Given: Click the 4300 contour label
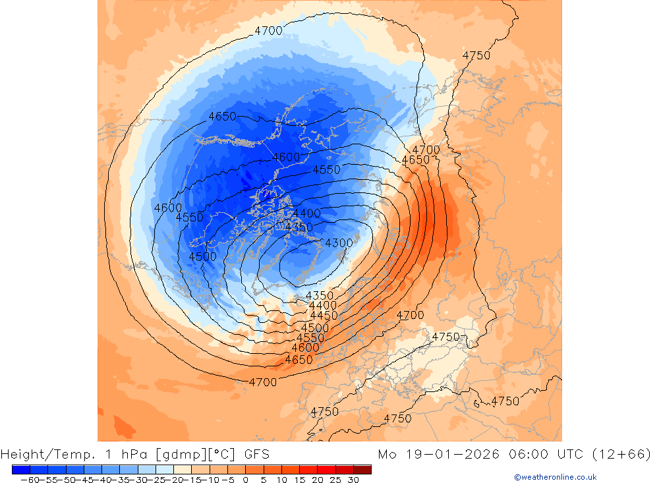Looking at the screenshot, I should point(339,243).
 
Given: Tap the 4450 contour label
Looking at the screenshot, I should point(324,316).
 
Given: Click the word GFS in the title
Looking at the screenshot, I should point(256,454).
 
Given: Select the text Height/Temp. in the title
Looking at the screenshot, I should point(43,454).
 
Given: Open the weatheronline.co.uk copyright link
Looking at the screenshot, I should point(555,477).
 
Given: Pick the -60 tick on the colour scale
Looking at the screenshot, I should point(28,480).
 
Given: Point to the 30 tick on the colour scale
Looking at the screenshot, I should point(353,480).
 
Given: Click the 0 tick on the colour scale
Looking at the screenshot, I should point(245,480).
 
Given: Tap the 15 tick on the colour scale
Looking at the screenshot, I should point(299,480).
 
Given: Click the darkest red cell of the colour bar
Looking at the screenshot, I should point(362,469).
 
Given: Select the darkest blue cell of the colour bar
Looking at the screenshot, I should point(20,469).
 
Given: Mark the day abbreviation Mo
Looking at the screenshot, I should point(387,454).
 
